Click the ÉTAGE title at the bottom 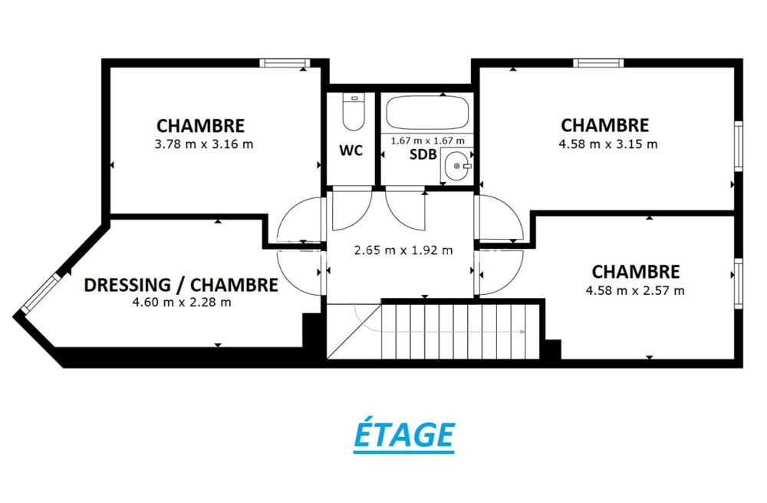pyautogui.click(x=403, y=435)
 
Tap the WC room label pyautogui.click(x=351, y=151)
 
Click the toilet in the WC pyautogui.click(x=353, y=111)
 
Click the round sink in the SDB pyautogui.click(x=458, y=164)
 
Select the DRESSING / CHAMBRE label pyautogui.click(x=181, y=286)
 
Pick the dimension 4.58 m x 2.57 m pyautogui.click(x=635, y=290)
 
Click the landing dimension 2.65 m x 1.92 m pyautogui.click(x=403, y=250)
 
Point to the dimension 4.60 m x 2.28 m pyautogui.click(x=182, y=302)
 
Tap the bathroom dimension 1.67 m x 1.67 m pyautogui.click(x=428, y=141)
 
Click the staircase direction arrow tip pyautogui.click(x=523, y=332)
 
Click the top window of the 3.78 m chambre pyautogui.click(x=284, y=63)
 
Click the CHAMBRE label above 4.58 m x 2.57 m pyautogui.click(x=636, y=272)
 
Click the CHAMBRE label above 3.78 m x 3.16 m pyautogui.click(x=201, y=125)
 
